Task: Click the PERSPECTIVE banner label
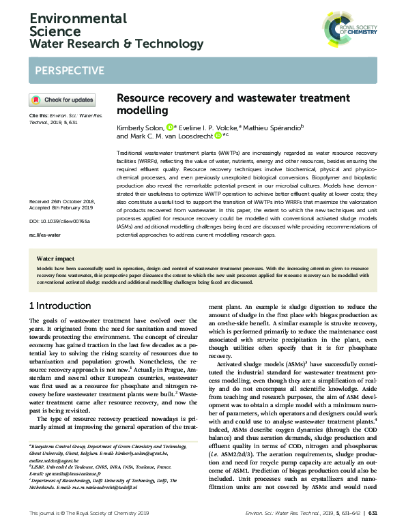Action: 69,71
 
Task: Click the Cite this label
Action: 39,116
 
